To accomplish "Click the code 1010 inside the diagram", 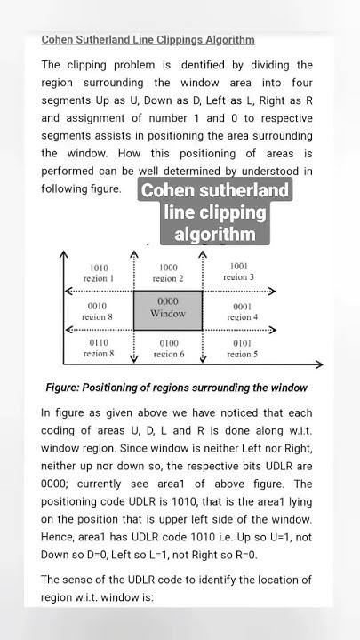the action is (99, 267).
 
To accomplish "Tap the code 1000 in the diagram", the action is (167, 268).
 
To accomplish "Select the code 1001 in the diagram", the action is (239, 266).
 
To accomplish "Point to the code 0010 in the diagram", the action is (98, 306).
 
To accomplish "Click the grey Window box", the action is (167, 308).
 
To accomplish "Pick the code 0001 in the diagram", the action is (242, 307).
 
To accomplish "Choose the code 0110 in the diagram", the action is (98, 343).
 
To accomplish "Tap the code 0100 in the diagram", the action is (167, 343).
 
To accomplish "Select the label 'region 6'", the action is (167, 354).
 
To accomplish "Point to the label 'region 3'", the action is (239, 276).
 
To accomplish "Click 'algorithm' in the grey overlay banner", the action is (215, 234).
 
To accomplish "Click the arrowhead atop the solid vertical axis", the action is (63, 255).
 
